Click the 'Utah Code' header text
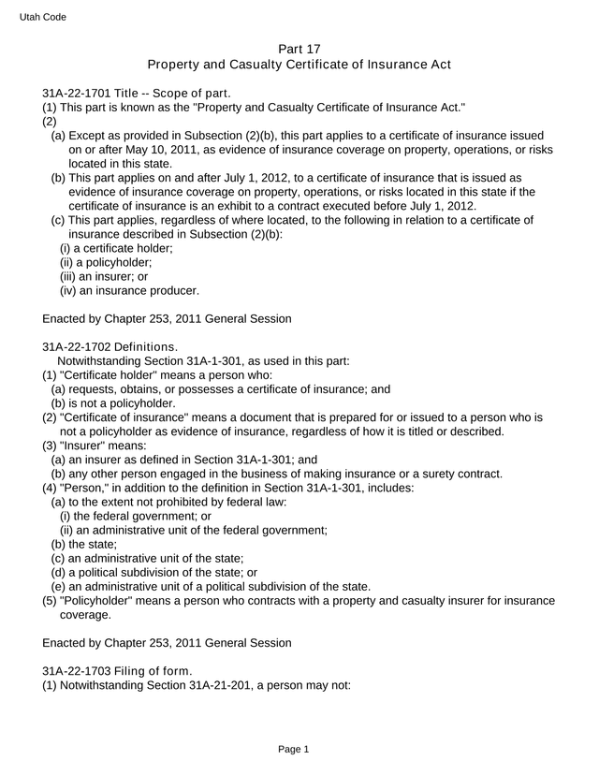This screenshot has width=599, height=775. click(42, 17)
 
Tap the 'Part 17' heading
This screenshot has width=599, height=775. click(299, 48)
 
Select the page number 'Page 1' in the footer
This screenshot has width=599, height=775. click(293, 749)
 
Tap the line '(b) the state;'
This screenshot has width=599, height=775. click(84, 544)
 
